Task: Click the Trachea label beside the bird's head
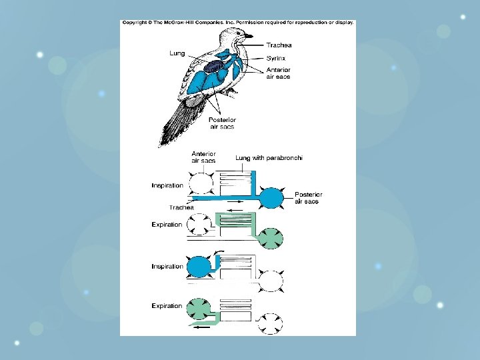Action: pos(279,45)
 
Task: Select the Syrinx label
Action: pos(275,58)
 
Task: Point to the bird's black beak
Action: pos(249,36)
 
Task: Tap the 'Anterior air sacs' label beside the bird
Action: pos(278,73)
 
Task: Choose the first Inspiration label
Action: pos(167,185)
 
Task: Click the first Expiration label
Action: pos(167,225)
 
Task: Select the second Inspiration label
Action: pos(167,267)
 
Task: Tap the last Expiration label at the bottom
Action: pos(167,306)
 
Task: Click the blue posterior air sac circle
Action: pos(271,198)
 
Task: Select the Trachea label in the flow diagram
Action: pos(181,207)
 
